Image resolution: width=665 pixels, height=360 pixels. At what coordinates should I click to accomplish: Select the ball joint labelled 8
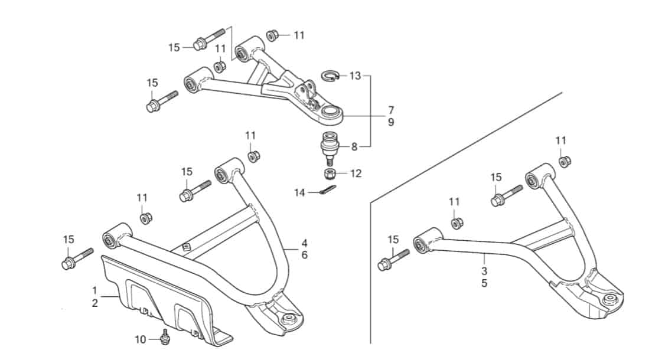tap(330, 148)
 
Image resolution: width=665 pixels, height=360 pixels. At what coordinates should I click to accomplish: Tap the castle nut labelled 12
tap(330, 174)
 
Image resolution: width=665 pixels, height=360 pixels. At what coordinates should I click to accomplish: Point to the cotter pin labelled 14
tap(327, 190)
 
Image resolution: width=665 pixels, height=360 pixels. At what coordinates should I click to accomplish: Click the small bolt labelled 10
tap(165, 336)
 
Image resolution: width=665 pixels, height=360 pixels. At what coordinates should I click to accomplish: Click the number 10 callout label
tap(141, 340)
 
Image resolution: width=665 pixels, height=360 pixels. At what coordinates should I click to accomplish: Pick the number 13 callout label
tap(355, 76)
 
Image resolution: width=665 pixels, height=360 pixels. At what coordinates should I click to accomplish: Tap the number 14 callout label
tap(299, 193)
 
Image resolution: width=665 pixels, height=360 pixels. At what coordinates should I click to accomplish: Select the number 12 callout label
tap(356, 174)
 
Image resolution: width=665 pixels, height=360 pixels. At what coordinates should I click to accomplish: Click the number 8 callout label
tap(354, 147)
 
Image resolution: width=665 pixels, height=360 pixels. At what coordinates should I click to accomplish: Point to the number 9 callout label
tap(391, 122)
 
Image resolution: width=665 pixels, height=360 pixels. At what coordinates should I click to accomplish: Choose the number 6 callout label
tap(305, 256)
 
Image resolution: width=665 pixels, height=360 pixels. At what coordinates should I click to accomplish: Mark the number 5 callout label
tap(484, 283)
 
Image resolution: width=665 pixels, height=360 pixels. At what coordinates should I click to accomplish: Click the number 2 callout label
tap(94, 303)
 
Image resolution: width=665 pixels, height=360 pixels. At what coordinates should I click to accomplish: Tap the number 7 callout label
tap(391, 110)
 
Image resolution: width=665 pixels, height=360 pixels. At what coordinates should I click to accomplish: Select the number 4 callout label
tap(305, 243)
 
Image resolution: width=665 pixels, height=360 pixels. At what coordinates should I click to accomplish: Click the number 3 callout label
tap(484, 271)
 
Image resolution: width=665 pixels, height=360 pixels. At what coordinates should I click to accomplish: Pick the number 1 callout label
tap(94, 291)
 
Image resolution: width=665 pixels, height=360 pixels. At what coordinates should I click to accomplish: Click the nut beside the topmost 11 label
tap(272, 35)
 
